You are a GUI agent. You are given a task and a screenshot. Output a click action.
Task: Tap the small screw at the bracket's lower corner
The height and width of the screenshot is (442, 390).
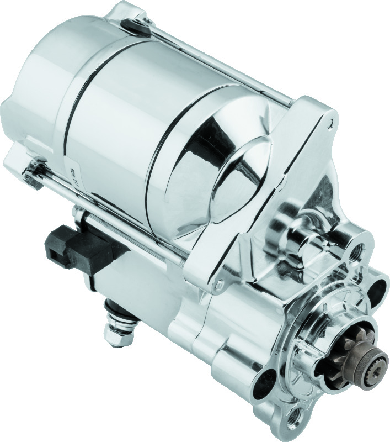(220, 286)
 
